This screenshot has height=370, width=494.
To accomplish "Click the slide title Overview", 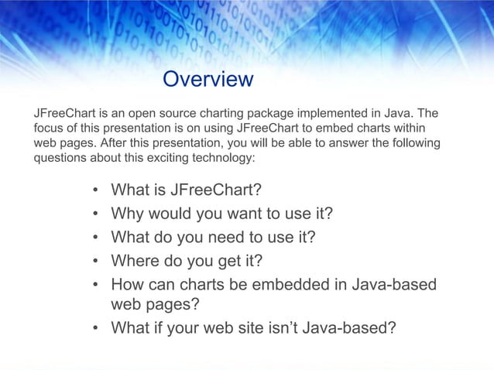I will [208, 79].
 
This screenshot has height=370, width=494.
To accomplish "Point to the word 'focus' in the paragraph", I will [48, 128].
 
